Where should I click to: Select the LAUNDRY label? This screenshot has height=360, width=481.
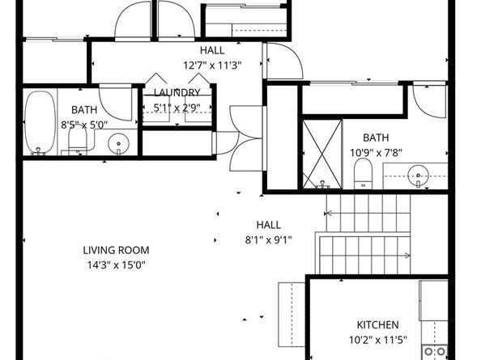click(x=177, y=93)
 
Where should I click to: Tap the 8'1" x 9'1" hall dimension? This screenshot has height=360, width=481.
click(x=268, y=239)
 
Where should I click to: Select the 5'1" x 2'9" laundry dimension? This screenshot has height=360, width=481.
click(x=177, y=106)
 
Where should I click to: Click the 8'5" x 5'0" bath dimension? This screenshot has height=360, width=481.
click(x=83, y=124)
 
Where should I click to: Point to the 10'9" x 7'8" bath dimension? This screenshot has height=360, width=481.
click(x=376, y=151)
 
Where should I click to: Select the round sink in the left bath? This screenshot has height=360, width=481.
click(x=120, y=144)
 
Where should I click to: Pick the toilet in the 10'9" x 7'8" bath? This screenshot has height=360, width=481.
click(x=363, y=172)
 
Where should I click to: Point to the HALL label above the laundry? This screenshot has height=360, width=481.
click(x=212, y=50)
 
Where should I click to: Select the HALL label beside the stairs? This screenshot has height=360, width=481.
click(x=268, y=225)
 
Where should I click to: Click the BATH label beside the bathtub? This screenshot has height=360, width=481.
click(x=83, y=110)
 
